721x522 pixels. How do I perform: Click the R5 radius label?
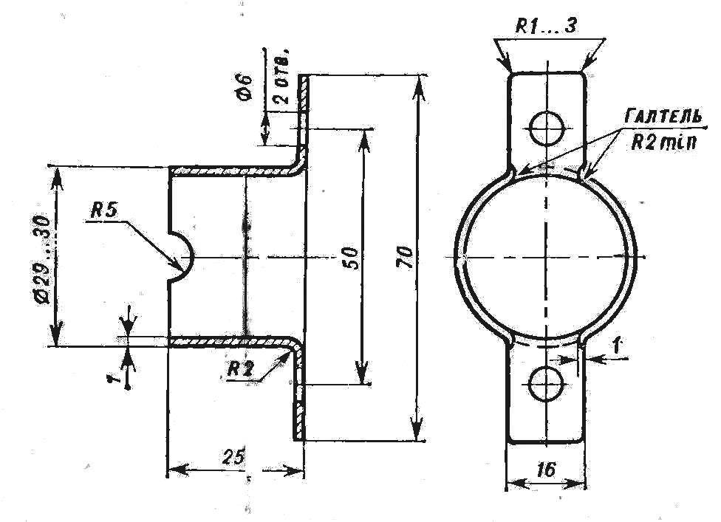point(104,210)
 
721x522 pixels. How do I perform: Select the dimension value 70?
point(406,258)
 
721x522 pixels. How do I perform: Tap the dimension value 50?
point(351,258)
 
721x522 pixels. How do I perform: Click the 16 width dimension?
point(546,469)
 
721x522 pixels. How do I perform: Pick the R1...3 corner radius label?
point(545,26)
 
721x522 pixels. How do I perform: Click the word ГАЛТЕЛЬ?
point(663,117)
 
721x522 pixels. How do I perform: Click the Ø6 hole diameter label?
point(245,86)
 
